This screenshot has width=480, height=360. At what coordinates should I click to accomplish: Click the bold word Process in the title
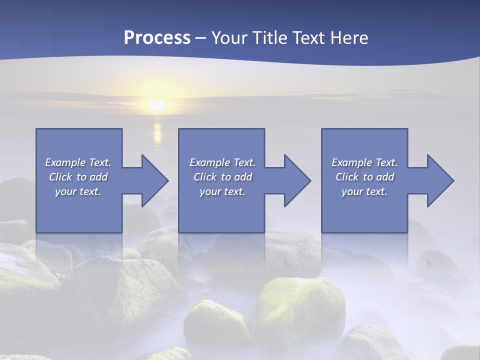[157, 38]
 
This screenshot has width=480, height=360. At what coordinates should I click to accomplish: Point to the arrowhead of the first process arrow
[154, 180]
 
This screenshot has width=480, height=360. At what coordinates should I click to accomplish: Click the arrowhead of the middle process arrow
[297, 180]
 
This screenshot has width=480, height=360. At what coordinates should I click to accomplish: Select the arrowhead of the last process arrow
[440, 180]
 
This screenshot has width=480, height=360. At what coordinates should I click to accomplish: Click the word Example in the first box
[65, 162]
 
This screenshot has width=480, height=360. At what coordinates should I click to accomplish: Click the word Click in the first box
[60, 177]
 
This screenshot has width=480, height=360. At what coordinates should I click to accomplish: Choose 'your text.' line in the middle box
[222, 191]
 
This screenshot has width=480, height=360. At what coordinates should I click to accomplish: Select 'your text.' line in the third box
[364, 191]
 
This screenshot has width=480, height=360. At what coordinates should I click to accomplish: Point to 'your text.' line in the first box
[78, 191]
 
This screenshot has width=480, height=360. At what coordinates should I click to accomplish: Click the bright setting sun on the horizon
[157, 105]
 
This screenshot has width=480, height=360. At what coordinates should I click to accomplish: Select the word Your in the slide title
[229, 38]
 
